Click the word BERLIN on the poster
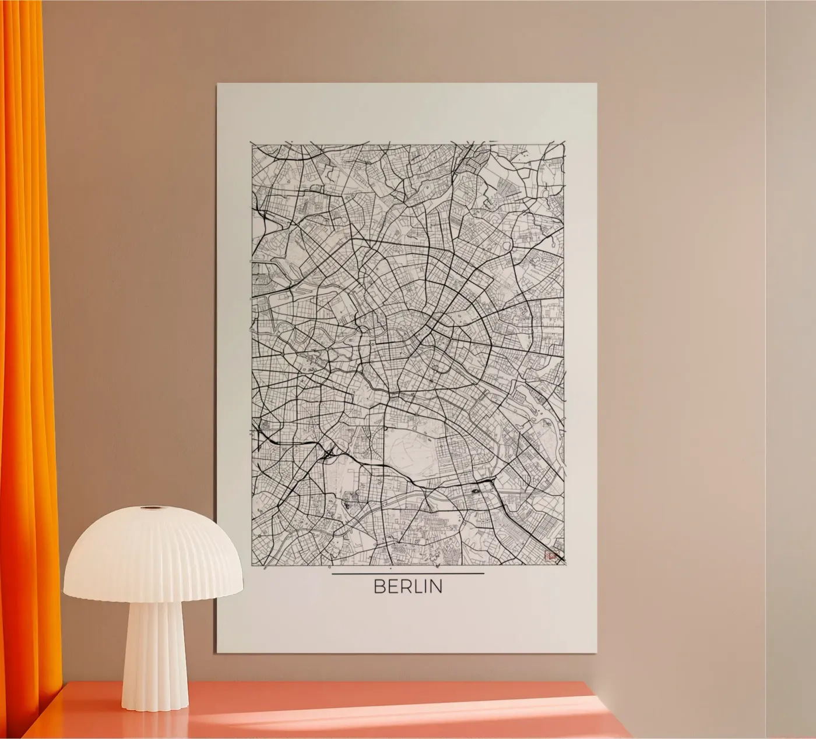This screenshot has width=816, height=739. (x=408, y=586)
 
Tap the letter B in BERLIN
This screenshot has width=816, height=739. (x=379, y=586)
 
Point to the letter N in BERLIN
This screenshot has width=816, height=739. (x=435, y=586)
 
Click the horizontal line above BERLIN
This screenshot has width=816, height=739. (x=408, y=574)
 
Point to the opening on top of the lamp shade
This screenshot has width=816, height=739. (x=153, y=508)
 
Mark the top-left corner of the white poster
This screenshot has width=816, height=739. (x=218, y=84)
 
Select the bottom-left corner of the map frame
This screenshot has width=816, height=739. (x=252, y=565)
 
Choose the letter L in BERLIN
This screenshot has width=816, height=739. (x=415, y=586)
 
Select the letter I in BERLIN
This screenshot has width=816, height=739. (x=423, y=586)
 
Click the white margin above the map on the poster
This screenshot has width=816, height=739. (x=408, y=114)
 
